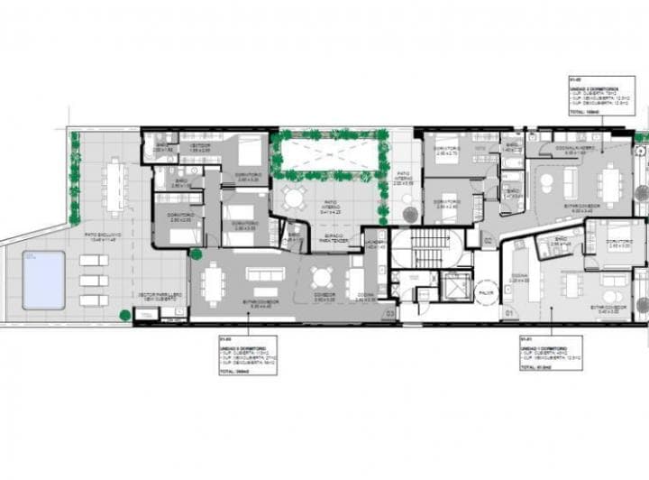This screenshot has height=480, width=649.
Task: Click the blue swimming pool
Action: (x=44, y=280)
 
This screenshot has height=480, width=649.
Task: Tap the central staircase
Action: (x=431, y=247)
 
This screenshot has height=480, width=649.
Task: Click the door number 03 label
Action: (x=389, y=312)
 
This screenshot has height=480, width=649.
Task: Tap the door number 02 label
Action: (x=487, y=241)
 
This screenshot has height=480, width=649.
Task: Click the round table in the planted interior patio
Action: (x=295, y=198)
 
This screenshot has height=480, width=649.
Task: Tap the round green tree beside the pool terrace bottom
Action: (x=125, y=315)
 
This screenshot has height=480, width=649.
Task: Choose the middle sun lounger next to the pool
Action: (x=94, y=280)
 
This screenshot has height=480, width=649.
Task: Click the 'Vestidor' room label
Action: (x=200, y=147)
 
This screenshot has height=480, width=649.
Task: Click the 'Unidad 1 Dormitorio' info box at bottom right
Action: (x=550, y=353)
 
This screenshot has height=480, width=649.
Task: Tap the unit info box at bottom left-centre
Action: (x=247, y=355)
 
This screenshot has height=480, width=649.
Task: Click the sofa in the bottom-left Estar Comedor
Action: (x=264, y=274)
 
